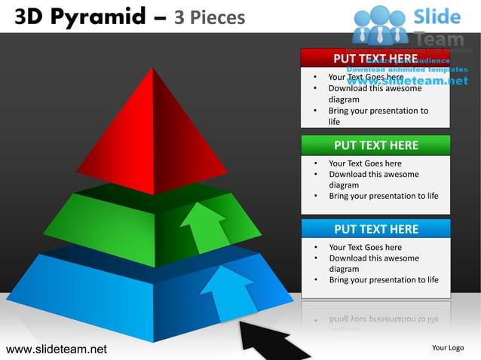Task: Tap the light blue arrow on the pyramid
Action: pos(226,290)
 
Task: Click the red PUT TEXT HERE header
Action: pos(375,59)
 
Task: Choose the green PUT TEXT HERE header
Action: pos(375,145)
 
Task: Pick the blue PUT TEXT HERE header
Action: pos(375,229)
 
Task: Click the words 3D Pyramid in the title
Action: pos(82,16)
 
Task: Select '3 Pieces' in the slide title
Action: pos(210,17)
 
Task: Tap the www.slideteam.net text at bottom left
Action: pos(57,349)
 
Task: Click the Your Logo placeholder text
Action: pos(447,348)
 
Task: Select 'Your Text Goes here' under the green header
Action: pos(365,163)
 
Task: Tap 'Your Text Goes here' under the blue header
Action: pos(365,247)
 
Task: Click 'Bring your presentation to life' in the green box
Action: pos(383,196)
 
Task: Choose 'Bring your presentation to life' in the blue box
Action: pos(383,279)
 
